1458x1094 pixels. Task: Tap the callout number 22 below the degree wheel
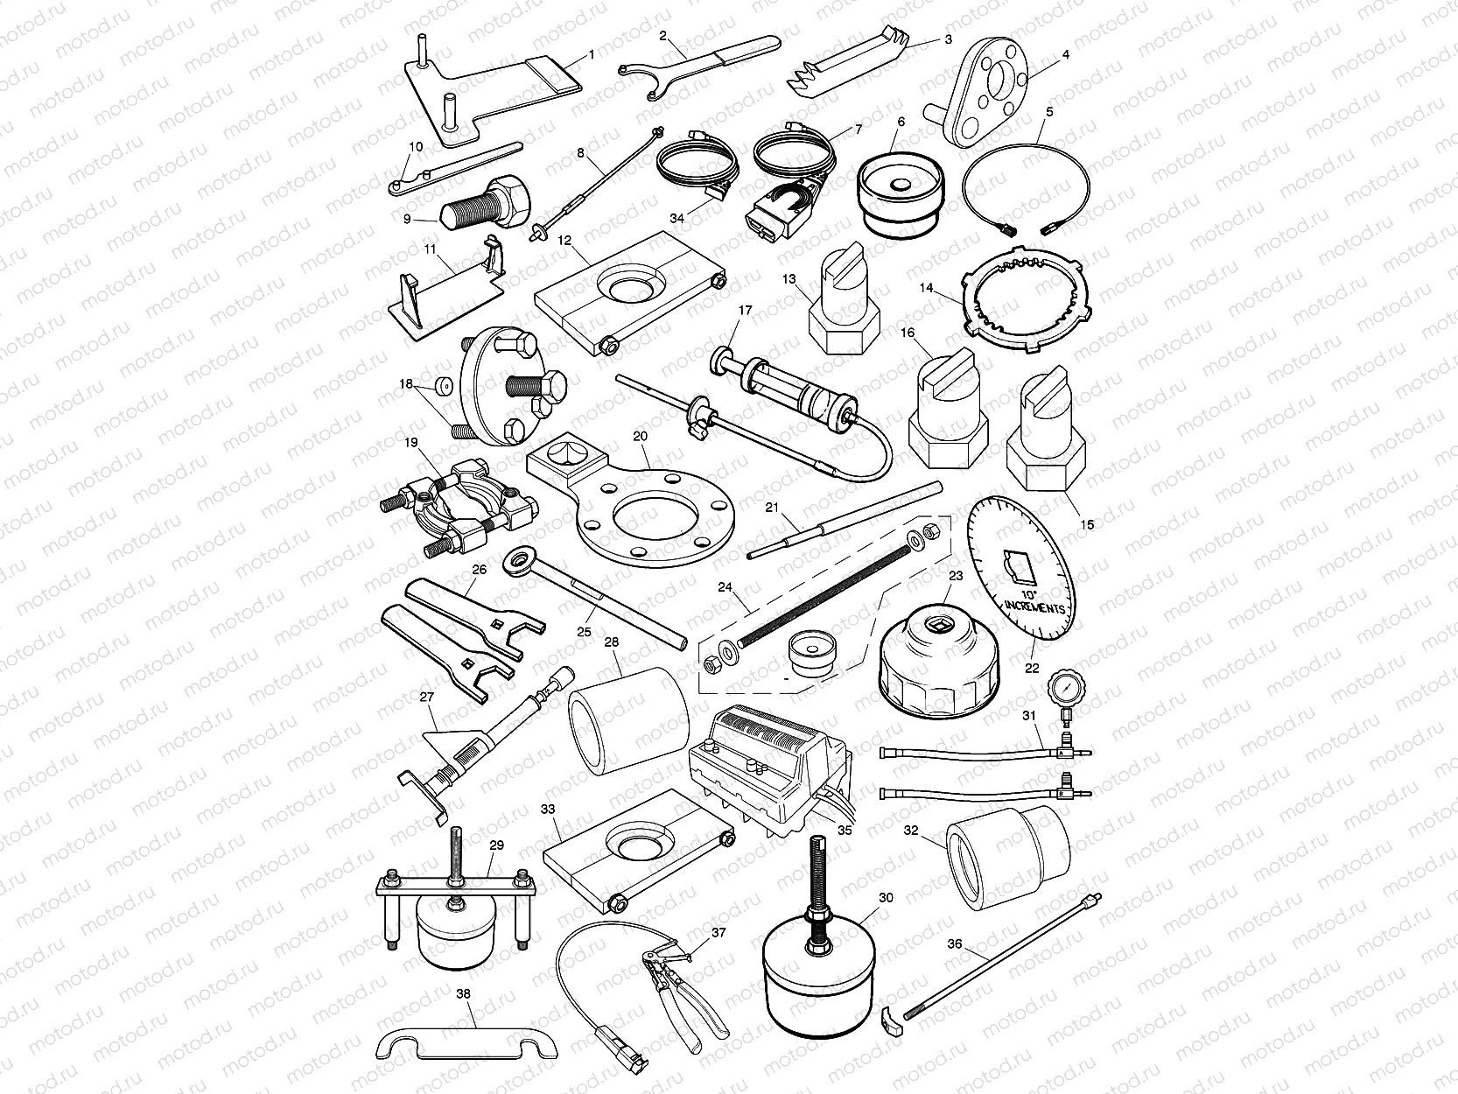[x=1032, y=668]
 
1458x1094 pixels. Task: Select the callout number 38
[x=463, y=993]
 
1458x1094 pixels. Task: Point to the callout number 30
[x=886, y=898]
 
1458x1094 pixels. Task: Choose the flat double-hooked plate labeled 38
[x=464, y=1042]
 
